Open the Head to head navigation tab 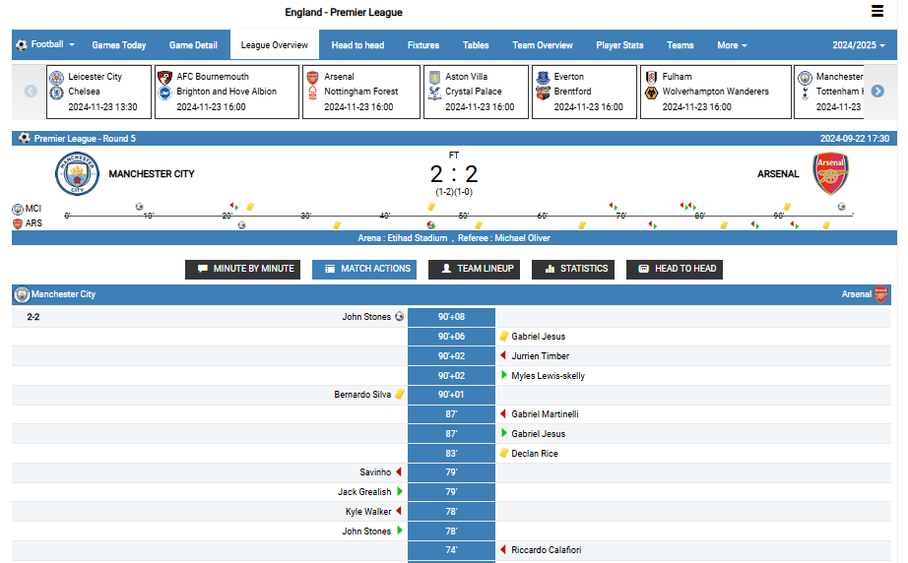coord(357,45)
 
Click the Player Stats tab coord(619,45)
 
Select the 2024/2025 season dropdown coord(860,45)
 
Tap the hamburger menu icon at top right coord(877,12)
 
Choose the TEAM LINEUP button coord(474,269)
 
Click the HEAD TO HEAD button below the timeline coord(675,269)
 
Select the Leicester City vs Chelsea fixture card coord(99,92)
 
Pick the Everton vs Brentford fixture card coord(584,92)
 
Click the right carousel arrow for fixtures coord(877,92)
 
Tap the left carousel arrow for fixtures coord(31,92)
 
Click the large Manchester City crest coord(77,174)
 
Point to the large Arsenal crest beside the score coord(830,174)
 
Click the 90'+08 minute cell coord(451,317)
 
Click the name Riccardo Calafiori coord(546,550)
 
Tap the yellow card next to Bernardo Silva coord(400,395)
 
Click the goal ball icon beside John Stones coord(399,317)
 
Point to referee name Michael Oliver coord(522,238)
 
